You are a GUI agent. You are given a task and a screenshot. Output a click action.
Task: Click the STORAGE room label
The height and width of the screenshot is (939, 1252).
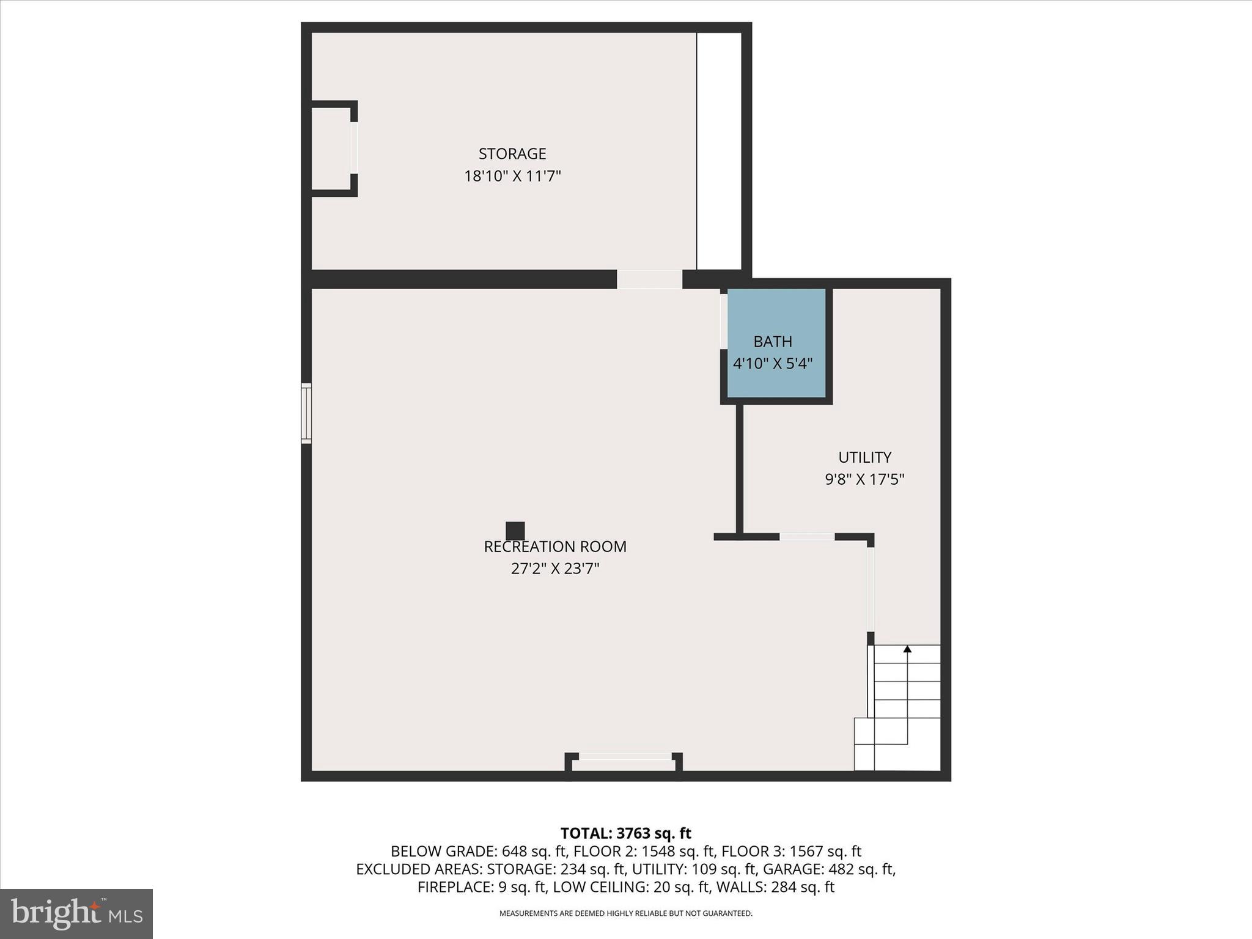[512, 153]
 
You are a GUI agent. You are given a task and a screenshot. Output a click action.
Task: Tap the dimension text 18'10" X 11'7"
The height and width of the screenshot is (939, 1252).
[512, 177]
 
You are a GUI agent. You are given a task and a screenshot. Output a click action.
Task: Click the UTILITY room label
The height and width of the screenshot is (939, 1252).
[864, 457]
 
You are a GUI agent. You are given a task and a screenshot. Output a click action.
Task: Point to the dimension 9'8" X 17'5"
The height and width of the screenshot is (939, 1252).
[864, 479]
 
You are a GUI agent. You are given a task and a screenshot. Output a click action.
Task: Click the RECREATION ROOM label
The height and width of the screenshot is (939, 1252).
[555, 547]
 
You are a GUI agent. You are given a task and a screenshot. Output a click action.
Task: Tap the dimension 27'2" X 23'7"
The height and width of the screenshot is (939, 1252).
[555, 569]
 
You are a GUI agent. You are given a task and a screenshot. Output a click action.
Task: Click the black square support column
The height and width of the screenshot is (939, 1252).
[515, 531]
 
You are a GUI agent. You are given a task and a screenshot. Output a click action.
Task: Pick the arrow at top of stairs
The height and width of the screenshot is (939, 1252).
[907, 650]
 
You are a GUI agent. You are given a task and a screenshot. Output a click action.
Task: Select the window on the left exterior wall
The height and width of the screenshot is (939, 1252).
[306, 413]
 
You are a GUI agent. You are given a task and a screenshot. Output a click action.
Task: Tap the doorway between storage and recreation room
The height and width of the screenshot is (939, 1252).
[649, 279]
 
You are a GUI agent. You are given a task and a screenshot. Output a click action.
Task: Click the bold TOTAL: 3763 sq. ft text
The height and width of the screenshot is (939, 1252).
[625, 833]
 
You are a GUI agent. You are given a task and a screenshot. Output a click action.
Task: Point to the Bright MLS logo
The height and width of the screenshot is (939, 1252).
[76, 913]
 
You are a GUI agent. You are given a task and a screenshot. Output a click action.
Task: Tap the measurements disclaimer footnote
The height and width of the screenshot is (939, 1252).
[625, 913]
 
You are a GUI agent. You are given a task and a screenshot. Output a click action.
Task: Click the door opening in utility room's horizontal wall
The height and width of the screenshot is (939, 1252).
[807, 537]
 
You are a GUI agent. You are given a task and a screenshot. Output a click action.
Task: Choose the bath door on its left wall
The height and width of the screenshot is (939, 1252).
[724, 322]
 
